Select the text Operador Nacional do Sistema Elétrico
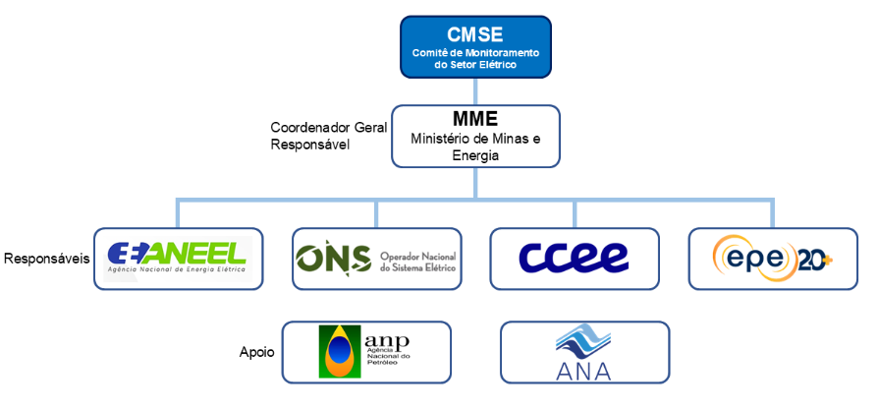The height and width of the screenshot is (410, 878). [x=417, y=260]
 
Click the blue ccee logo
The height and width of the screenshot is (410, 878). [x=575, y=258]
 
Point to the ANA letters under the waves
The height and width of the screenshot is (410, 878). [x=582, y=371]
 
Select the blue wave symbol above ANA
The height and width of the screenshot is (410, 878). [x=582, y=342]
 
